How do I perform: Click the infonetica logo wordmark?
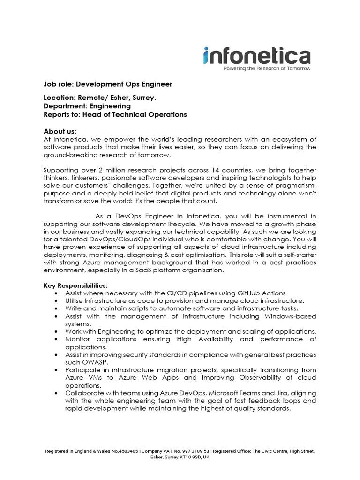pos(257,56)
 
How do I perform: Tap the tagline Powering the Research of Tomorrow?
pos(260,68)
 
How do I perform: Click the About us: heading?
pos(60,131)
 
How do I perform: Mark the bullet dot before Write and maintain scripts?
pos(56,308)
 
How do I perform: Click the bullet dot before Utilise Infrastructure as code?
pos(56,301)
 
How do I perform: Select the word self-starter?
pos(296,255)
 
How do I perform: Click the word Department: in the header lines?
pos(66,106)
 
